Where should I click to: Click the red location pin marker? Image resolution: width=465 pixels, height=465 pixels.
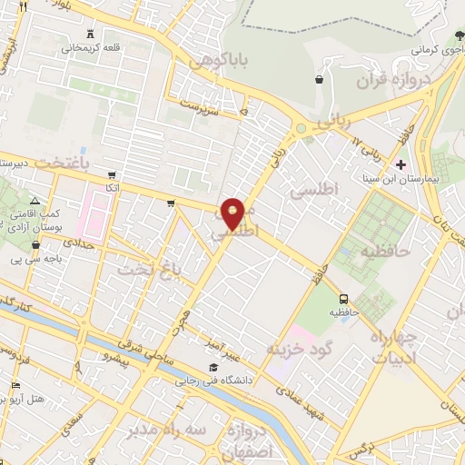pyautogui.click(x=234, y=213)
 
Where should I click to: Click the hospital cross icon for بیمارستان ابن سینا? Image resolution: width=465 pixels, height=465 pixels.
pyautogui.click(x=401, y=163)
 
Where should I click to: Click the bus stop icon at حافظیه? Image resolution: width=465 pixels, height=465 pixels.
pyautogui.click(x=344, y=298)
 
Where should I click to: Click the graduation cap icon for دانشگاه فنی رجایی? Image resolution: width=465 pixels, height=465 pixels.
pyautogui.click(x=213, y=367)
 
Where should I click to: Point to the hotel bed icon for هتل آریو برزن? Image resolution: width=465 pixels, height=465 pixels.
pyautogui.click(x=15, y=386)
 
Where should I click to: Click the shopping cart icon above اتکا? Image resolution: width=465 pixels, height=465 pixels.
pyautogui.click(x=111, y=174)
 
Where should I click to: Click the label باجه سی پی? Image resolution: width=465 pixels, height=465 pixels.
pyautogui.click(x=28, y=260)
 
